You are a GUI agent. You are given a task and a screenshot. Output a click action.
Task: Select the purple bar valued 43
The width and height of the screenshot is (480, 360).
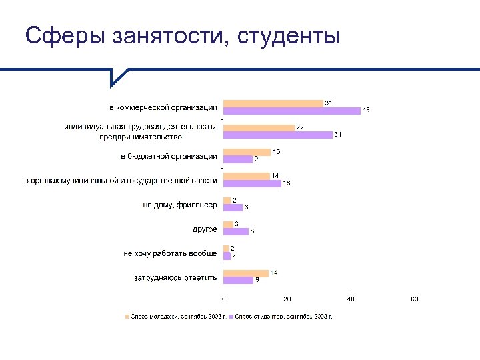(291, 111)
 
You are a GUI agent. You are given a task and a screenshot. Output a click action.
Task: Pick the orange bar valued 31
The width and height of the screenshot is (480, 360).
(273, 103)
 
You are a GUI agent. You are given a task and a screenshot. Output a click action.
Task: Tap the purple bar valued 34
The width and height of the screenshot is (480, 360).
(277, 135)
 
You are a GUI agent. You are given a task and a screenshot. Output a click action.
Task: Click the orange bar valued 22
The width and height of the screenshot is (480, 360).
(259, 127)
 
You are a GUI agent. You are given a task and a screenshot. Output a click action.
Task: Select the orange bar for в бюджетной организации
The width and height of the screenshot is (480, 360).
(247, 152)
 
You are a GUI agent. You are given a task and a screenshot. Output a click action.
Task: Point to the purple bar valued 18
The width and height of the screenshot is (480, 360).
(252, 183)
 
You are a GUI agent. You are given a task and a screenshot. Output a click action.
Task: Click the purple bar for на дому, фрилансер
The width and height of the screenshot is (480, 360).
(233, 207)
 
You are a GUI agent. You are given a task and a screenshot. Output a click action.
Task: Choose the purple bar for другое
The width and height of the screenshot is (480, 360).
(236, 231)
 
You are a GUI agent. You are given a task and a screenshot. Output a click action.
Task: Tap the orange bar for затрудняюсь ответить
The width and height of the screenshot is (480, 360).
(245, 273)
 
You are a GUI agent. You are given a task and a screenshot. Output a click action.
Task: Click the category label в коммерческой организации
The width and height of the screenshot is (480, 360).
(163, 107)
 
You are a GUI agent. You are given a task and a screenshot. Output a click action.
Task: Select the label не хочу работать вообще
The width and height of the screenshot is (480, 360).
(170, 253)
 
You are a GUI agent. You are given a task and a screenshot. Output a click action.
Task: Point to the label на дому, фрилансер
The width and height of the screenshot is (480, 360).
(180, 205)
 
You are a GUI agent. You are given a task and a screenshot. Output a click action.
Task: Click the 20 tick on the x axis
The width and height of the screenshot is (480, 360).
(287, 299)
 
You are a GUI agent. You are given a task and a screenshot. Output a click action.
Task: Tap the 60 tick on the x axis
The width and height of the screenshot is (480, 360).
(413, 299)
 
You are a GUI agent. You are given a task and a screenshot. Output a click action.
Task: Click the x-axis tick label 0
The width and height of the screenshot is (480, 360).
(223, 299)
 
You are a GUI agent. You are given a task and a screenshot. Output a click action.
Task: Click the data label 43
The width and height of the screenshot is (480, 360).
(366, 110)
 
